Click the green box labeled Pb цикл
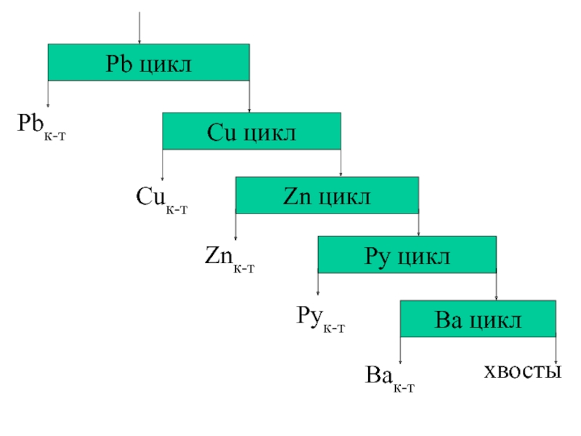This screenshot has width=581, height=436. (148, 62)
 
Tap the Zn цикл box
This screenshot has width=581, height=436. (327, 195)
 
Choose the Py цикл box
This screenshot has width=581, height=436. (407, 255)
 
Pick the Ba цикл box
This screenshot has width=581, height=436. (478, 318)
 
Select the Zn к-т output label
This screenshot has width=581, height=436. (229, 257)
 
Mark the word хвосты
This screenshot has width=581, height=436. (524, 371)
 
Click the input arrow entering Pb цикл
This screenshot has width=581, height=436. (139, 28)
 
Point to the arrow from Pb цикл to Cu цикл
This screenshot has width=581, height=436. (249, 96)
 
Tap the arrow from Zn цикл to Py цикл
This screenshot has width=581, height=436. (419, 225)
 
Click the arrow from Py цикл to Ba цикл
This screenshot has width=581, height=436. (496, 286)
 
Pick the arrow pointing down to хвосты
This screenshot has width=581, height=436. (556, 349)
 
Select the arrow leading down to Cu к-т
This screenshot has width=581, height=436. (162, 164)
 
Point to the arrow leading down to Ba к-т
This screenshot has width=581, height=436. (400, 350)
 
